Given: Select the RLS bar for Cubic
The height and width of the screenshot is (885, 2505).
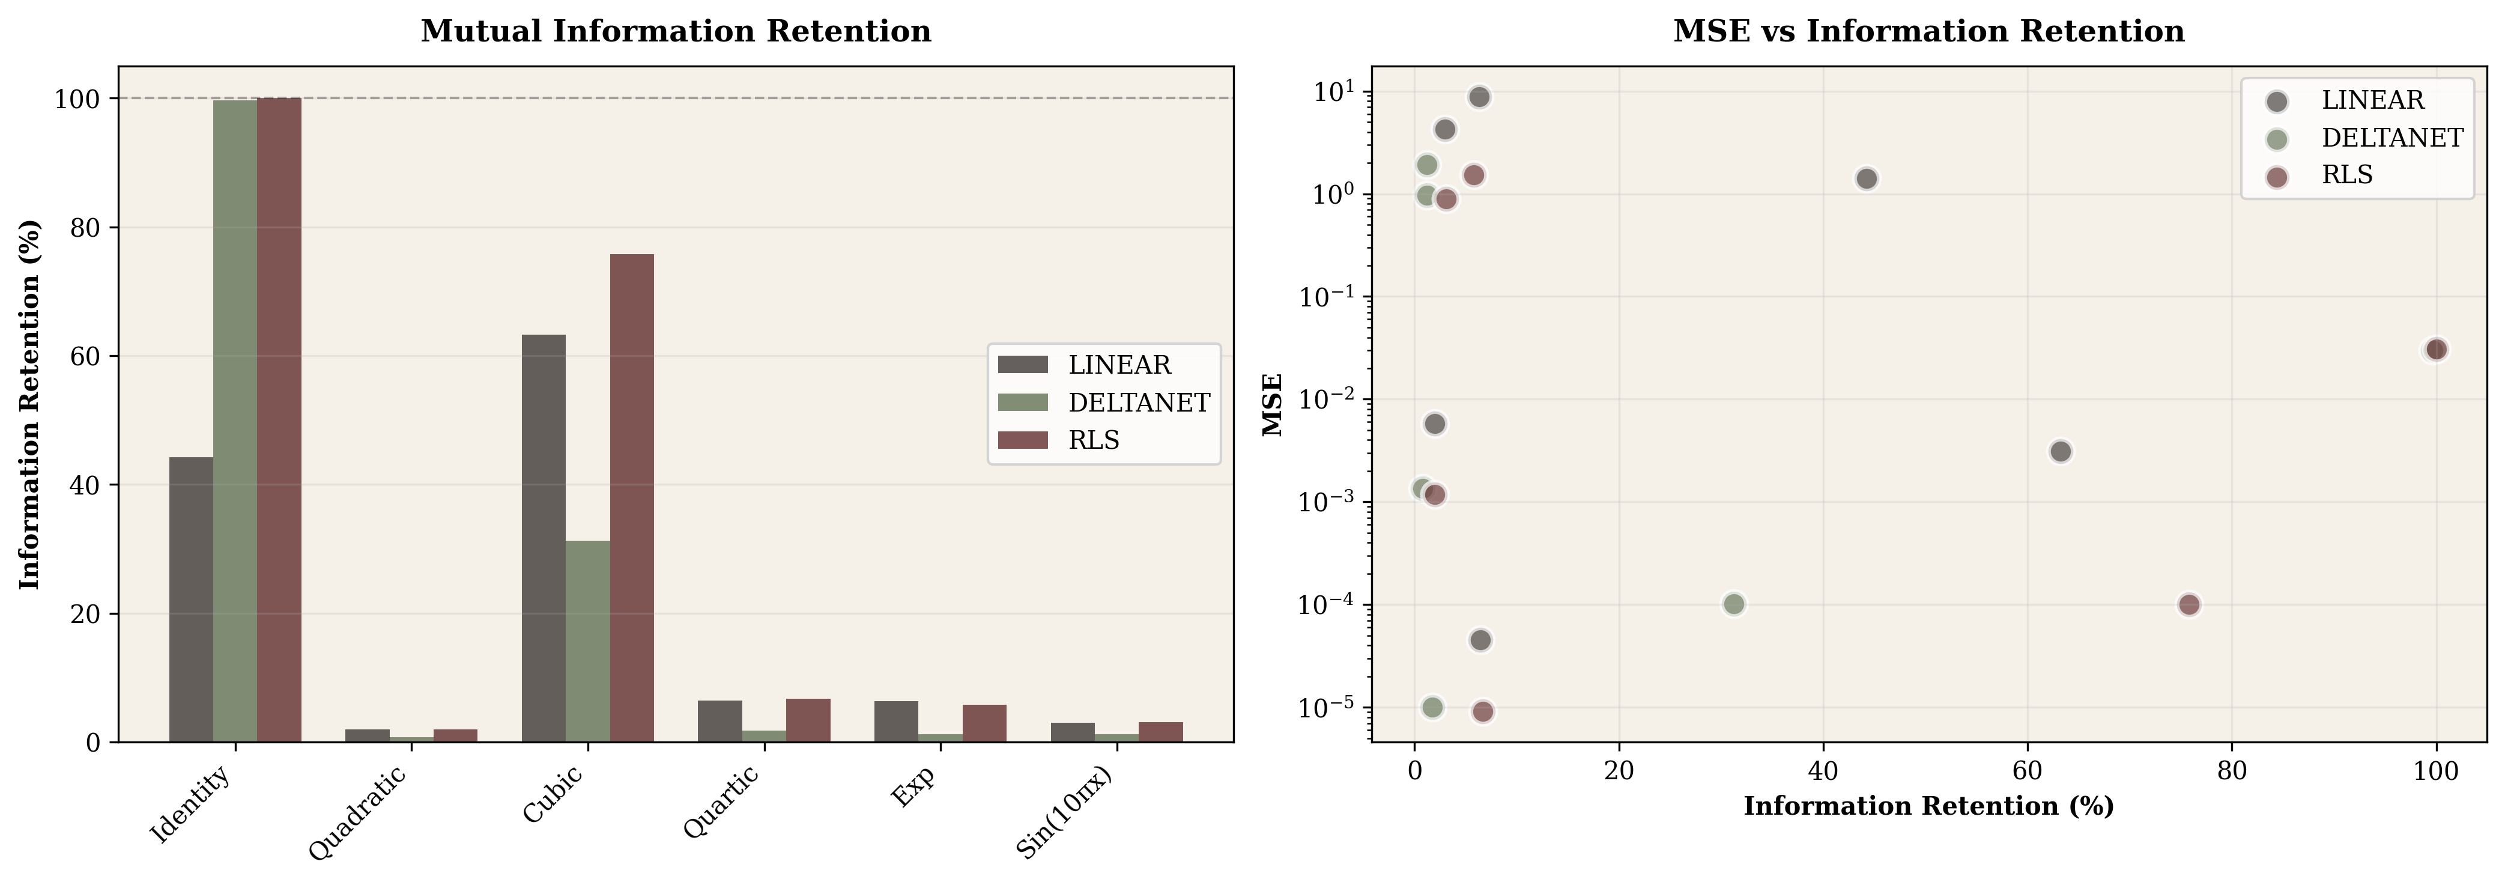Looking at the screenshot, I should click(x=631, y=498).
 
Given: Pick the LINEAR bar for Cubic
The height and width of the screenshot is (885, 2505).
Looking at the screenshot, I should click(x=544, y=538).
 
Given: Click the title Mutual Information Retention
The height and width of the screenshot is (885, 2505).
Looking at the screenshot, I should click(x=675, y=31).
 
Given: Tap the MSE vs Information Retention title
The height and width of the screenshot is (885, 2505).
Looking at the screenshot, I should click(x=1928, y=31).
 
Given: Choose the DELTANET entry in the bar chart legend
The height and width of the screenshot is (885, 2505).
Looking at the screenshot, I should click(x=1137, y=403).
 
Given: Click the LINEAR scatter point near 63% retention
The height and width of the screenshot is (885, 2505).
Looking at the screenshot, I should click(x=2059, y=451).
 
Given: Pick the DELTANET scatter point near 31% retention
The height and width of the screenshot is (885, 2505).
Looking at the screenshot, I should click(x=1733, y=604).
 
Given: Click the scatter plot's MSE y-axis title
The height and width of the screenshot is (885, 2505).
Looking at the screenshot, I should click(x=1273, y=404).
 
